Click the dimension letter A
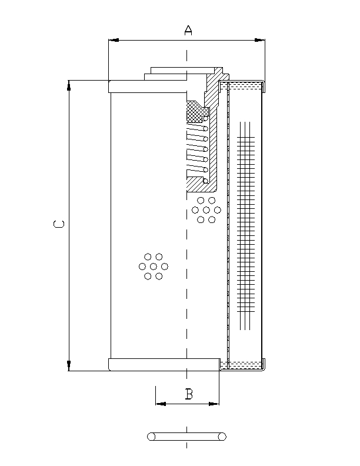pos(188,30)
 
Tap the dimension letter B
pos(189,394)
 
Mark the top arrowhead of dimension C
pos(69,85)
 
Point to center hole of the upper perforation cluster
pos(206,210)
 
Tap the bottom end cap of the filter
pos(164,364)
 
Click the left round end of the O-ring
pos(151,437)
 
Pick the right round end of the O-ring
pos(222,437)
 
